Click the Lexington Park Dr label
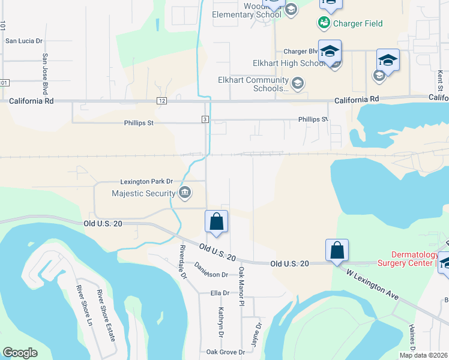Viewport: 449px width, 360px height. click(x=146, y=181)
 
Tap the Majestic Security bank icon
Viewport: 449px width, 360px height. click(x=185, y=193)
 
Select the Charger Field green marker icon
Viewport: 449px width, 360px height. click(x=324, y=23)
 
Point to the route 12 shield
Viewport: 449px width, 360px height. click(x=162, y=101)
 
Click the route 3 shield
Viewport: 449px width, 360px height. click(x=205, y=119)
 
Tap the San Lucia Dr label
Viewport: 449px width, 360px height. click(x=24, y=41)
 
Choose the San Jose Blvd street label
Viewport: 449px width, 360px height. click(x=44, y=74)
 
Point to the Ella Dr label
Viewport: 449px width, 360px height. click(x=220, y=293)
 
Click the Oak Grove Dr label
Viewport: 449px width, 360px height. click(x=226, y=352)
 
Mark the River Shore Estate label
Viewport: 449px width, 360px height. click(x=107, y=316)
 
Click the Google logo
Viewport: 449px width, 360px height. click(x=20, y=353)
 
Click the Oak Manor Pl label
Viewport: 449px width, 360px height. click(x=242, y=286)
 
